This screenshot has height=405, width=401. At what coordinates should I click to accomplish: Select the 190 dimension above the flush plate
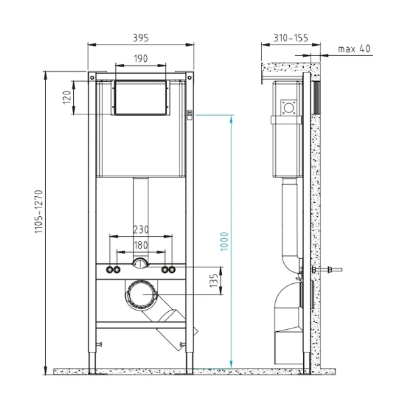pyautogui.click(x=140, y=59)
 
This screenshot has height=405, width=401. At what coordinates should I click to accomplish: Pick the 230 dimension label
pyautogui.click(x=140, y=229)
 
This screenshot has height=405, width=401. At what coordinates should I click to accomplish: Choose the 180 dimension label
pyautogui.click(x=140, y=245)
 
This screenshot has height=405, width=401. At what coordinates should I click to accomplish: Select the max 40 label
pyautogui.click(x=353, y=49)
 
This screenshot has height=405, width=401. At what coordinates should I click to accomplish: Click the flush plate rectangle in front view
pyautogui.click(x=140, y=98)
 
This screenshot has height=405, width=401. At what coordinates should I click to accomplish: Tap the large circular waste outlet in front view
pyautogui.click(x=141, y=293)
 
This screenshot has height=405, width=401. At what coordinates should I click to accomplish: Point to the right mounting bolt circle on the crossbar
pyautogui.click(x=168, y=270)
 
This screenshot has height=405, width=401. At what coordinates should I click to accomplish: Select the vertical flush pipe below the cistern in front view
pyautogui.click(x=140, y=213)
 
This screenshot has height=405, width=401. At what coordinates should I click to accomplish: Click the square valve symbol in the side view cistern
pyautogui.click(x=289, y=106)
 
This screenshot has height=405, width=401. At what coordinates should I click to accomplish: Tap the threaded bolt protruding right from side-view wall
pyautogui.click(x=331, y=270)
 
